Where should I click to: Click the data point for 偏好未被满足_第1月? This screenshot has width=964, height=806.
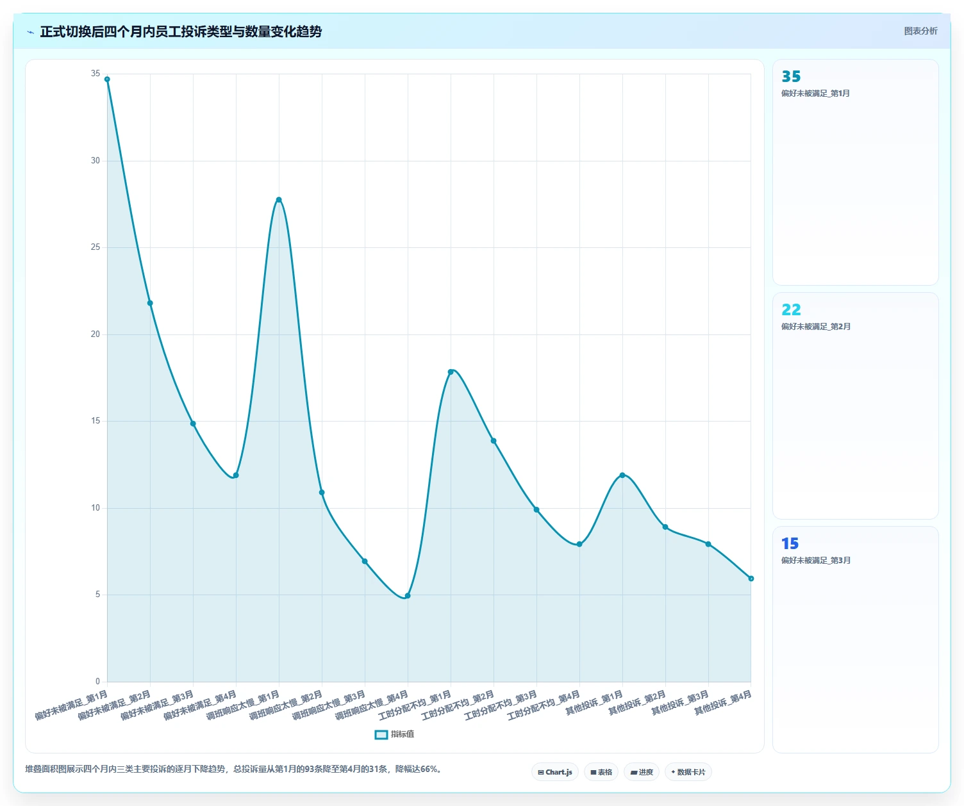click(x=107, y=79)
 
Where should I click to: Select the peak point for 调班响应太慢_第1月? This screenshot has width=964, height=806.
click(x=279, y=200)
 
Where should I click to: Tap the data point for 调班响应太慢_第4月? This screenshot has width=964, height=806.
click(x=408, y=596)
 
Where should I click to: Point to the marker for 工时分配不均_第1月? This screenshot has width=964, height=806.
click(x=451, y=372)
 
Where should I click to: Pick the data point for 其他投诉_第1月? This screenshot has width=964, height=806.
click(x=622, y=475)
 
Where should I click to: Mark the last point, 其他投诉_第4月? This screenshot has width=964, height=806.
click(x=751, y=579)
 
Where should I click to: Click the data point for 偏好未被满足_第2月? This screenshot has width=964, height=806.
click(x=150, y=303)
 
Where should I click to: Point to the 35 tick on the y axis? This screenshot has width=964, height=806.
click(x=95, y=74)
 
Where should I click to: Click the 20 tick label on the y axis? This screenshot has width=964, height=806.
click(x=95, y=334)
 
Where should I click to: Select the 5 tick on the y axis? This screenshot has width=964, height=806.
click(x=97, y=595)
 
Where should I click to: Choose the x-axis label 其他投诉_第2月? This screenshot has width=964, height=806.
click(x=637, y=703)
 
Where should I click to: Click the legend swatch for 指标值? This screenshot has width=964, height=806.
click(x=381, y=734)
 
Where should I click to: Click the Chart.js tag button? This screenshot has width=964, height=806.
click(x=555, y=772)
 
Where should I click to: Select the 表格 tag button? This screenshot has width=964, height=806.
click(x=601, y=772)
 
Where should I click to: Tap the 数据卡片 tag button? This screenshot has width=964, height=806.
click(x=688, y=772)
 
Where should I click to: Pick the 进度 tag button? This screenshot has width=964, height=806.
click(x=642, y=772)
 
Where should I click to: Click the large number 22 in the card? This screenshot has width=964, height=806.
click(x=791, y=309)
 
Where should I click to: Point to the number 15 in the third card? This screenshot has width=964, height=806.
click(x=790, y=543)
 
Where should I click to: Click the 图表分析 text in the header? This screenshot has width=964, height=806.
click(x=920, y=31)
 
